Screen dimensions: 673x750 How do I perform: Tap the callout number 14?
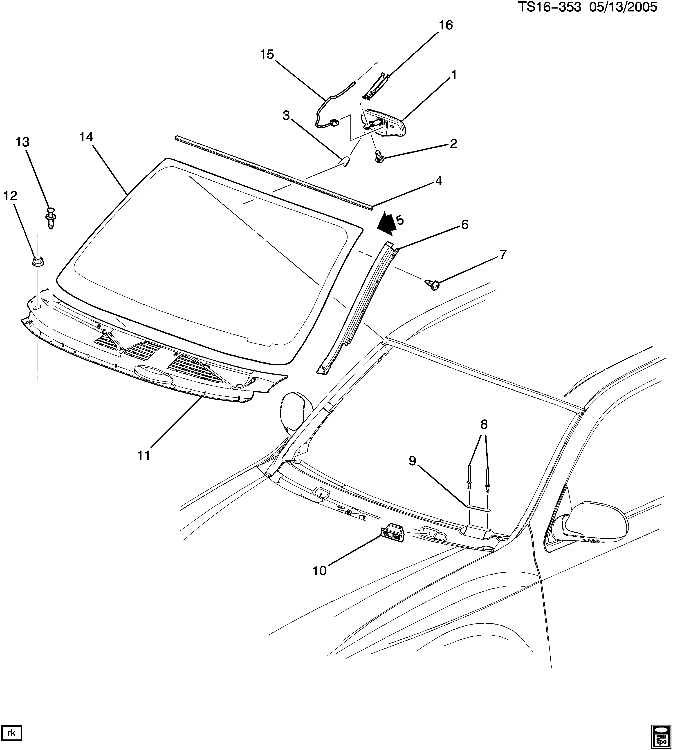pos(86,137)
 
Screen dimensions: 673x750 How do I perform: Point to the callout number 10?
pos(320,571)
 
